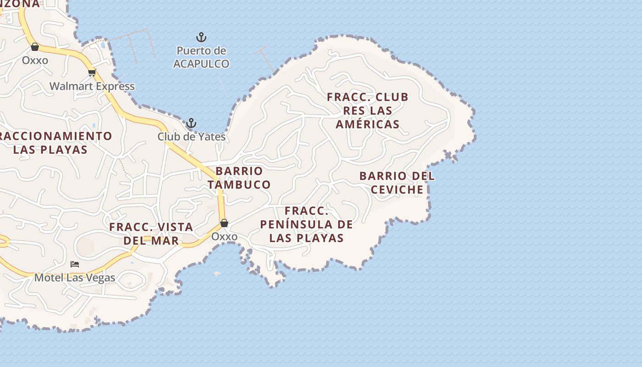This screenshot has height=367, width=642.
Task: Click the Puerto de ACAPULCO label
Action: (x=201, y=57)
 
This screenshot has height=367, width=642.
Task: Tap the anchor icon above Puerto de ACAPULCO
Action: (x=201, y=37)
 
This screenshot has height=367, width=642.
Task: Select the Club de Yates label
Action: (x=192, y=137)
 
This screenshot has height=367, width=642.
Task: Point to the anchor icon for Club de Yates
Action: (x=191, y=123)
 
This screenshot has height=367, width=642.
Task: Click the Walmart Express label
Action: (x=92, y=86)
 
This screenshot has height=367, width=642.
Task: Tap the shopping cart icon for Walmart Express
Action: (x=92, y=72)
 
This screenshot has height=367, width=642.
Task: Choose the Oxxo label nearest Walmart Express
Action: (x=35, y=61)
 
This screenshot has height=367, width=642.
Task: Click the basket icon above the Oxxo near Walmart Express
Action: (x=35, y=47)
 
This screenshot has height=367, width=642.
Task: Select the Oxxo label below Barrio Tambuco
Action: (x=224, y=237)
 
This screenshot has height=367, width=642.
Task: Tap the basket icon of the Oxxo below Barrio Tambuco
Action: (x=224, y=223)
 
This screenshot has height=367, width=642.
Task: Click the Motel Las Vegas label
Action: (x=75, y=278)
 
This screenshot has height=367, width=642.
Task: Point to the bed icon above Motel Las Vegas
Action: (x=75, y=264)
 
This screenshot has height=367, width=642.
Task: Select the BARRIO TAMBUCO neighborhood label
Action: (x=239, y=178)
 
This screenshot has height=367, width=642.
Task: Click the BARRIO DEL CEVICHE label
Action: (x=397, y=183)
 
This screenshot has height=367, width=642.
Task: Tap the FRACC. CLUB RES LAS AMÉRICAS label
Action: (x=367, y=111)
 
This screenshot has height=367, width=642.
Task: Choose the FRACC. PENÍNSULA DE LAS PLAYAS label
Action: (x=306, y=224)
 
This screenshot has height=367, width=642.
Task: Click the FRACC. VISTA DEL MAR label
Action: (x=151, y=234)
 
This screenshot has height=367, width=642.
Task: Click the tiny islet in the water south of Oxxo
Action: (x=217, y=274)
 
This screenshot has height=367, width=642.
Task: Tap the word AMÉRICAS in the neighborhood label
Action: (x=367, y=124)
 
